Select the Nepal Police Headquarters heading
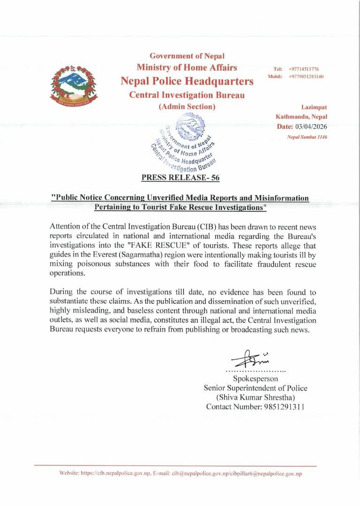coord(187,81)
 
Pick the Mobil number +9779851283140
coord(306,76)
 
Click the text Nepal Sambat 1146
coord(307,137)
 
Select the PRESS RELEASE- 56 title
coord(180,178)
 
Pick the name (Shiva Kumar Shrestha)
coord(255,397)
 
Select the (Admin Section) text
coord(187,107)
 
